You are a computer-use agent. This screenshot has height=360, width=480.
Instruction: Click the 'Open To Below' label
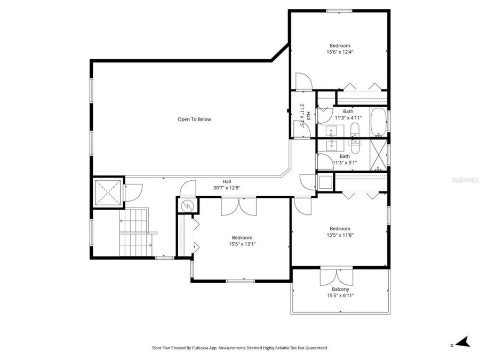click(x=194, y=119)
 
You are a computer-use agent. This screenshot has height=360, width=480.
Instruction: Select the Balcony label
click(x=340, y=289)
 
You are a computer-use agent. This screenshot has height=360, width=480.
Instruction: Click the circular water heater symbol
click(x=187, y=205)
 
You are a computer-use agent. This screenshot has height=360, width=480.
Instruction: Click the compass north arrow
click(x=462, y=341)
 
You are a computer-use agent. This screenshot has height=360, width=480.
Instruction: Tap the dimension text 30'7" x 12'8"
click(x=227, y=188)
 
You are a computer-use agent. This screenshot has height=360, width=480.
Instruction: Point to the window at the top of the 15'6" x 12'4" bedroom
click(x=339, y=10)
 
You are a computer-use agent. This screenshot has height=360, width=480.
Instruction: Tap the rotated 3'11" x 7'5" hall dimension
click(x=304, y=114)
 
